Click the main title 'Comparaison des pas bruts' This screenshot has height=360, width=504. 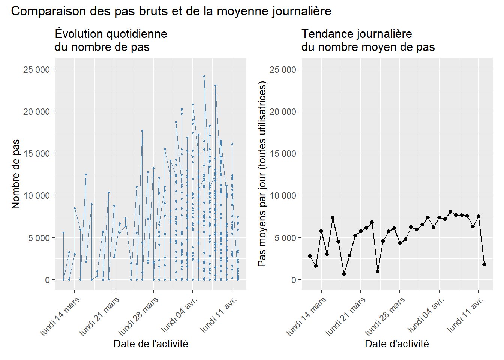[x=171, y=11]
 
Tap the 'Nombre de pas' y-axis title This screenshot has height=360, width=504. [x=15, y=174]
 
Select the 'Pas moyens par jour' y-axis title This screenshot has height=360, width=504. [x=262, y=174]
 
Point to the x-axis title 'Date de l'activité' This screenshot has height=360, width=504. [x=151, y=343]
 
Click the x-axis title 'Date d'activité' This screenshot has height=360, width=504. [x=397, y=343]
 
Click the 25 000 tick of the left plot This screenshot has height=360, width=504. [x=36, y=69]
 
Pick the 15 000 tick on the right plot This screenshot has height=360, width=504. [x=283, y=153]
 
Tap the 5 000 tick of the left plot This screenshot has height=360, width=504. [x=39, y=238]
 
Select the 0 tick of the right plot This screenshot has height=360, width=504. [x=294, y=280]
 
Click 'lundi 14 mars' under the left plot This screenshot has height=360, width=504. [x=60, y=316]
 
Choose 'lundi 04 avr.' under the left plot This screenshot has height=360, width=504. [x=180, y=314]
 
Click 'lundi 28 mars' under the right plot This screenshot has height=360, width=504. [x=385, y=316]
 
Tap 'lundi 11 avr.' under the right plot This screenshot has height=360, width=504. [x=466, y=314]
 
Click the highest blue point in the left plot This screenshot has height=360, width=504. [x=204, y=76]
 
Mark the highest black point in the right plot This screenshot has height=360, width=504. [x=450, y=212]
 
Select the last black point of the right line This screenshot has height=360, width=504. [x=484, y=264]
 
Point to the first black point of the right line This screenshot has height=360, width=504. [x=310, y=256]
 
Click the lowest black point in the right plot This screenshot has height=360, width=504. [x=344, y=274]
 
